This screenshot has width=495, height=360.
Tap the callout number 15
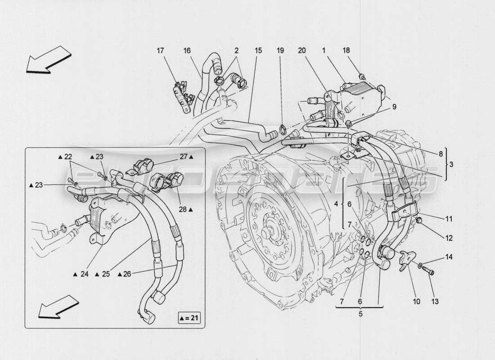tap(258, 51)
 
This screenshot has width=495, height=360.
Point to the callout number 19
tap(280, 51)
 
